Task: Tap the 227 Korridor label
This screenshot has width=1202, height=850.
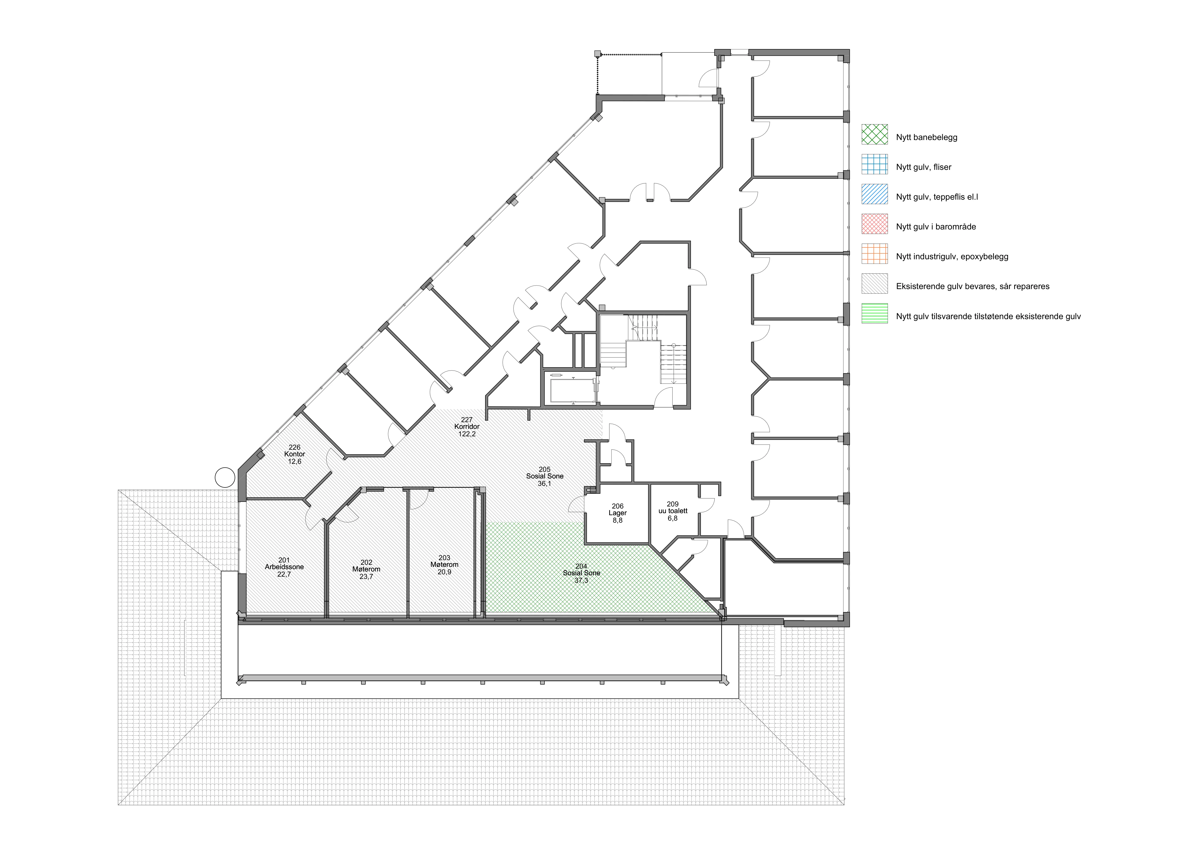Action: (x=467, y=427)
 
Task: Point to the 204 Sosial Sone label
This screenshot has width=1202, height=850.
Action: (x=581, y=573)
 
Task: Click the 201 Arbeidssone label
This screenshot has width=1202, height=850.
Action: (x=284, y=567)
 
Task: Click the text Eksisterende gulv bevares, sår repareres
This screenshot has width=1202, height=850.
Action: (x=973, y=286)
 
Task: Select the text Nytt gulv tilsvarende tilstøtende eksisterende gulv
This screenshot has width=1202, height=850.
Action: (x=988, y=316)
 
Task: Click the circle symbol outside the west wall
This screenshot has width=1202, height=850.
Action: (x=225, y=477)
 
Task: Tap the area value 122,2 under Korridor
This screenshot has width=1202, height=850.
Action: (x=467, y=434)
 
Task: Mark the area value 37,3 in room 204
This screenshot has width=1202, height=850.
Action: (x=581, y=580)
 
